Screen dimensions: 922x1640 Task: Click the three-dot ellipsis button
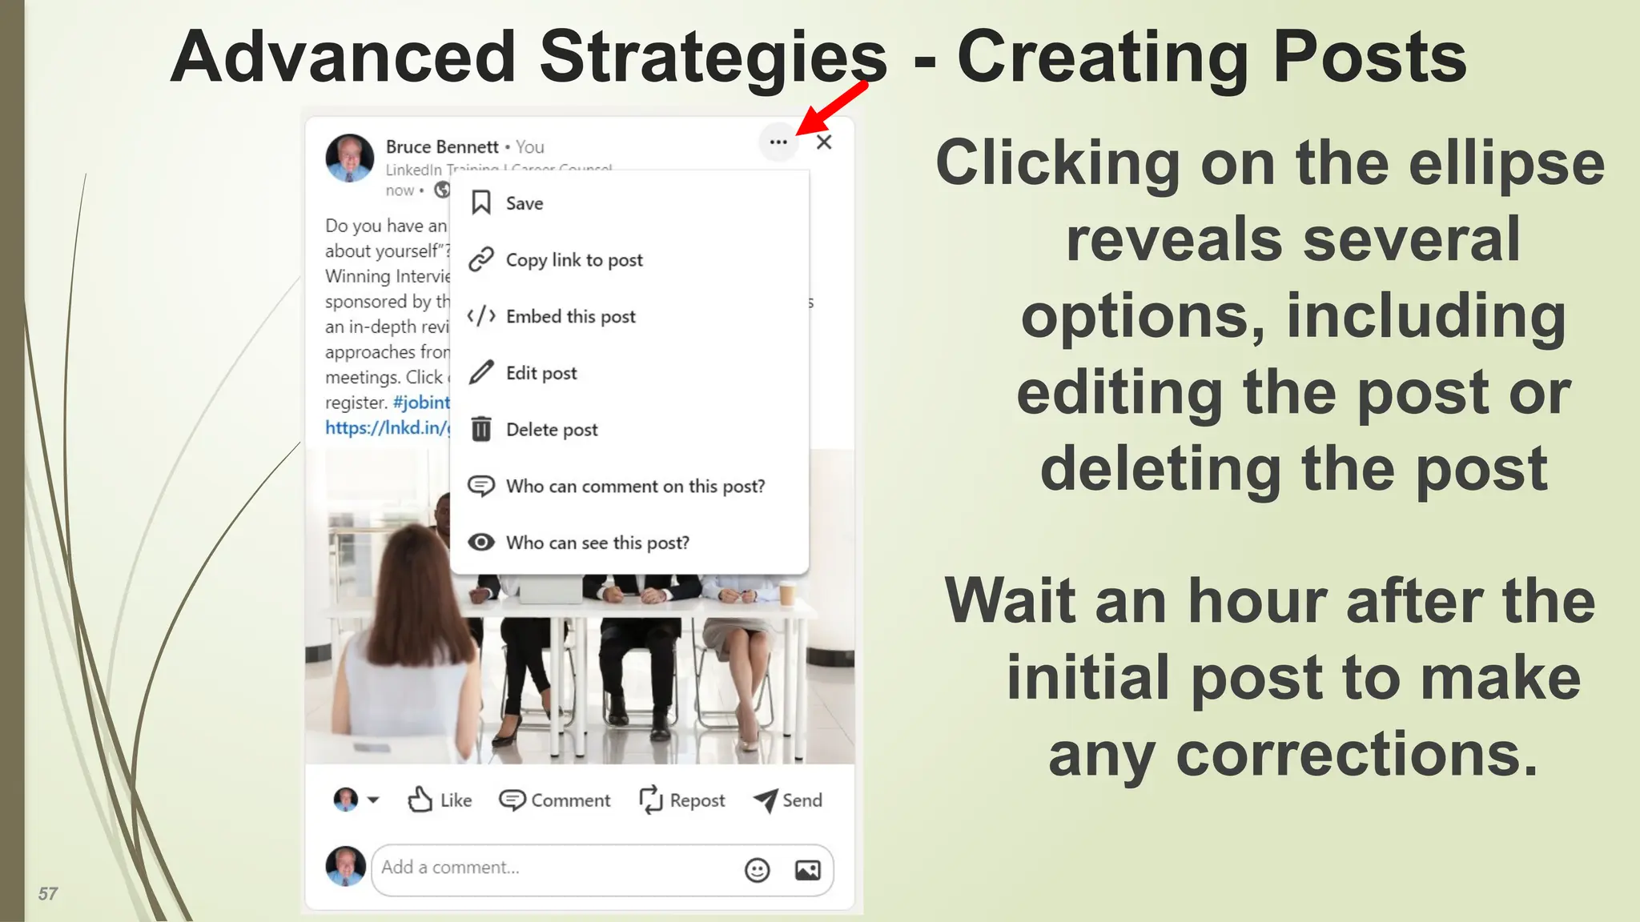pyautogui.click(x=778, y=142)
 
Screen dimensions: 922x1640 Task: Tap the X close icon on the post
pyautogui.click(x=824, y=142)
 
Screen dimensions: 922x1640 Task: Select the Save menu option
pyautogui.click(x=524, y=203)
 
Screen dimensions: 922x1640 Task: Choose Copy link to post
pyautogui.click(x=573, y=260)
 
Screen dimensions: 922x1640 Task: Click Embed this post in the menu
pyautogui.click(x=570, y=317)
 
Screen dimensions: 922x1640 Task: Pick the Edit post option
pyautogui.click(x=541, y=373)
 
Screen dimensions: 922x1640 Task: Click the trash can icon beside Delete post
pyautogui.click(x=481, y=430)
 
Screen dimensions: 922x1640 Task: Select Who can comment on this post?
pyautogui.click(x=634, y=487)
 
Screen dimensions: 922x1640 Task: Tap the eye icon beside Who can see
pyautogui.click(x=481, y=543)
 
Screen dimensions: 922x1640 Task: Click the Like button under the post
pyautogui.click(x=440, y=800)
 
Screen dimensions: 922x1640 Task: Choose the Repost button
pyautogui.click(x=682, y=800)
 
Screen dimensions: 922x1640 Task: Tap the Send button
pyautogui.click(x=788, y=800)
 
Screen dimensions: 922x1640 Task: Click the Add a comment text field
pyautogui.click(x=553, y=868)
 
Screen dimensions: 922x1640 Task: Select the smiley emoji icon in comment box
pyautogui.click(x=757, y=870)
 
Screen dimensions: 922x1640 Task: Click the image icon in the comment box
pyautogui.click(x=807, y=870)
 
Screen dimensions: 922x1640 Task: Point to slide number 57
pyautogui.click(x=48, y=894)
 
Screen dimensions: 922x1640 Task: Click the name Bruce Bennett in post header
pyautogui.click(x=442, y=147)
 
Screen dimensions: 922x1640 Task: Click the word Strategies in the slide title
pyautogui.click(x=713, y=58)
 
